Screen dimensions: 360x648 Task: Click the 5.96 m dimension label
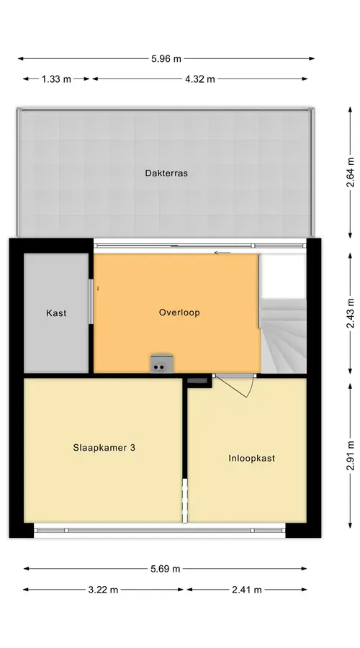tap(166, 59)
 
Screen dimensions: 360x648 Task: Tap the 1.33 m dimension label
tap(56, 79)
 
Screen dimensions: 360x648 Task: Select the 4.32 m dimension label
tap(200, 79)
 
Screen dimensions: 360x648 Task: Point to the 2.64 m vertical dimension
tap(350, 172)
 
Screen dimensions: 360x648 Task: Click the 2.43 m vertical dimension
tap(350, 313)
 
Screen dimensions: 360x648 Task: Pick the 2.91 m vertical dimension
tap(350, 456)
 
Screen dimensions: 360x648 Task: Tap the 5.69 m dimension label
tap(166, 569)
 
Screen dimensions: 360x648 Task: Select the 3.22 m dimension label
tap(103, 590)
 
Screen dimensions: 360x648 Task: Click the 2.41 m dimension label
tap(247, 590)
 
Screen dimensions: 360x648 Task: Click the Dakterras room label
tap(166, 173)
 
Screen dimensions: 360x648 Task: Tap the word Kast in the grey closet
tap(56, 313)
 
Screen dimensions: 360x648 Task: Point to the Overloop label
tap(179, 312)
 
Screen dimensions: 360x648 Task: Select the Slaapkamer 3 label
tap(104, 448)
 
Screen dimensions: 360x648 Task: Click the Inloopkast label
tap(252, 459)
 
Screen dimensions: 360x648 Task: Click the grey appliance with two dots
tap(162, 364)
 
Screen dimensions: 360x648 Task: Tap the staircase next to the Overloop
tap(284, 336)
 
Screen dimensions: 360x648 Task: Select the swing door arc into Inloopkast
tap(250, 389)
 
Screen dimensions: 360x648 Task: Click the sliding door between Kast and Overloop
tap(91, 302)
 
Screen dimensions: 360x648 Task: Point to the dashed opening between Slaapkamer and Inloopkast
tap(185, 500)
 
